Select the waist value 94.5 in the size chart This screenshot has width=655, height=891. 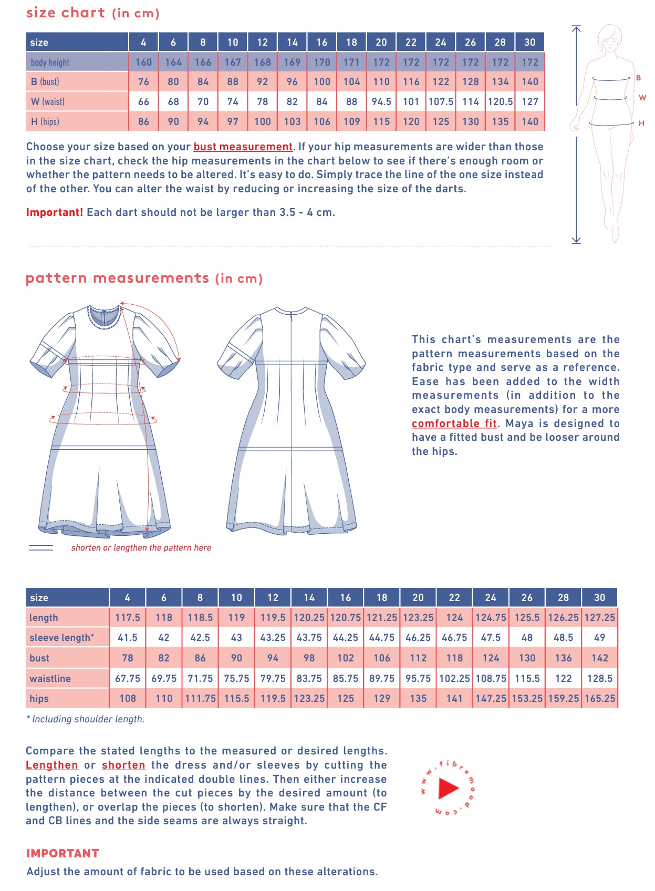coord(381,101)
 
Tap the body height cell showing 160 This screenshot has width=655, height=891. coord(143,62)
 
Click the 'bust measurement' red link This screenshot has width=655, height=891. coord(243,147)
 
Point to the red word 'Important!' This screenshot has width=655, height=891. coord(55,212)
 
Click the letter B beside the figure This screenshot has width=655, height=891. coord(638,78)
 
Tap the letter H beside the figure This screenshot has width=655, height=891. coord(641,123)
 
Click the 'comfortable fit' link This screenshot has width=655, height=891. coord(454,423)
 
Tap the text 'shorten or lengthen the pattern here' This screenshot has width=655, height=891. coord(141,547)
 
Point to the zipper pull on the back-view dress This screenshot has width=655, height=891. coord(292,316)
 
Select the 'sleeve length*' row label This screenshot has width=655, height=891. coord(61,637)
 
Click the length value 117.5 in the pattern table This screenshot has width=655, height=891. coord(128,617)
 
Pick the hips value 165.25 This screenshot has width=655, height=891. coord(599,698)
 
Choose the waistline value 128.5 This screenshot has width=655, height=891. coord(599,678)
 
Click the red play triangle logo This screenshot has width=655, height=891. coord(448,788)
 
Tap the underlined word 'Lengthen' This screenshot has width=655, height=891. coord(52,765)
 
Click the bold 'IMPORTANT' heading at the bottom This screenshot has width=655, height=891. coord(63,853)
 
